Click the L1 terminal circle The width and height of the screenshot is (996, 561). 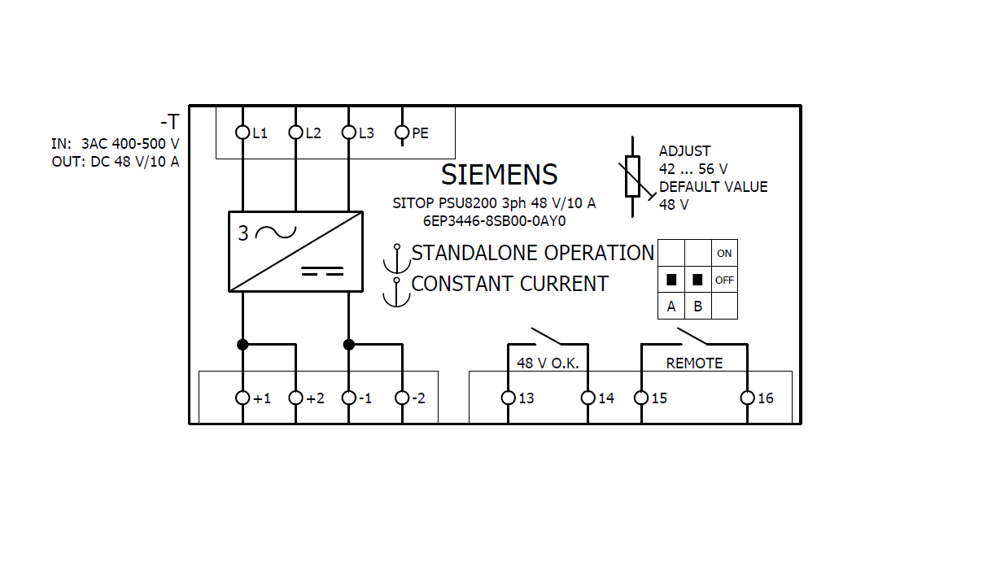click(242, 133)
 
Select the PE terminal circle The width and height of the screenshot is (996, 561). click(402, 133)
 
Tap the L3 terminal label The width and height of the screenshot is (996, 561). click(366, 133)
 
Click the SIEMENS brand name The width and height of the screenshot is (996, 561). click(499, 175)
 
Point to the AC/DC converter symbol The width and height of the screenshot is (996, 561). click(295, 251)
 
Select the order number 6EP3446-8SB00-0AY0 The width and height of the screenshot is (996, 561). click(494, 220)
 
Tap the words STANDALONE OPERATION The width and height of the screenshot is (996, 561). click(532, 253)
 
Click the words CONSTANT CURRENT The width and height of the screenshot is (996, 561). click(509, 284)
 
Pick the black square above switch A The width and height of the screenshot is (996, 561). click(671, 280)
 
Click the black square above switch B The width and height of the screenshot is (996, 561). click(697, 280)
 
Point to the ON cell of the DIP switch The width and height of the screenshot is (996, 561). click(724, 254)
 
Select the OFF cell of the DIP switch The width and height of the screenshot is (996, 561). click(724, 280)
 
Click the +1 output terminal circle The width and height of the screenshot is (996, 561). click(242, 398)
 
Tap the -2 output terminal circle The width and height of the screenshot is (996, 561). click(402, 398)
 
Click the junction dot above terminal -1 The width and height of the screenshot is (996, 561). click(349, 345)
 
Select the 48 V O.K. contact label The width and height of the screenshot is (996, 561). click(548, 363)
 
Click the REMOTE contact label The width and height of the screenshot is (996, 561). click(694, 363)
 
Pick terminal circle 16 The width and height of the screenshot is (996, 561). click(748, 398)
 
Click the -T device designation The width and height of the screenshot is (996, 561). click(169, 123)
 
